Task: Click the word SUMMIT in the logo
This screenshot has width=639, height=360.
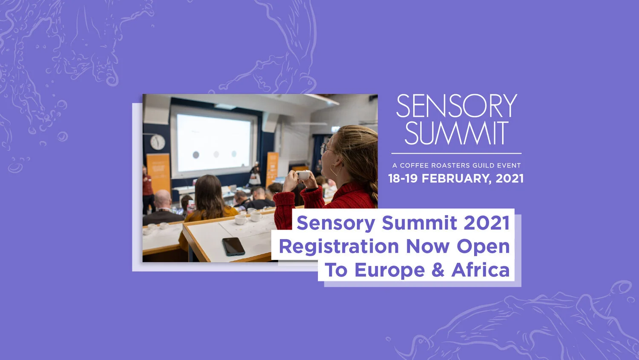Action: [456, 133]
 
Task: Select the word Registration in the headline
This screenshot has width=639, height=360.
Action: [339, 247]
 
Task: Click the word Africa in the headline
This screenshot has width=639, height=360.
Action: [481, 270]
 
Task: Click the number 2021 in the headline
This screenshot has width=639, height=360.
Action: [486, 223]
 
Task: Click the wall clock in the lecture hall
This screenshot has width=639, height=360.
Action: [158, 142]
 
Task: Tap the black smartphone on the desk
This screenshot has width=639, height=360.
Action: [233, 246]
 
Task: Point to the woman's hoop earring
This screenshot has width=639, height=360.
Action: [334, 170]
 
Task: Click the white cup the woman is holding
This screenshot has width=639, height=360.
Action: [303, 175]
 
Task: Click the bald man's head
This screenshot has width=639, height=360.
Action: [162, 199]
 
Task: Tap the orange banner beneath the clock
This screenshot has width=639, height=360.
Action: [158, 173]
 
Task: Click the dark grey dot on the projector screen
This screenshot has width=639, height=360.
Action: [196, 155]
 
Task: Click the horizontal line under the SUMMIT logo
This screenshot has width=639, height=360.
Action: [456, 153]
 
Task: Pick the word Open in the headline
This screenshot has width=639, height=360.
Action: [483, 247]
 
